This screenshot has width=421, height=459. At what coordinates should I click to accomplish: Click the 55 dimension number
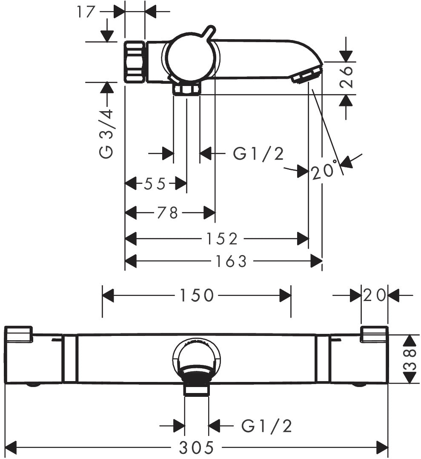(x=155, y=184)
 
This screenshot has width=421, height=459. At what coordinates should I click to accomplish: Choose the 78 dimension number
(x=167, y=212)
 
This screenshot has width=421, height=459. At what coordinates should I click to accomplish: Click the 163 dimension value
(x=230, y=261)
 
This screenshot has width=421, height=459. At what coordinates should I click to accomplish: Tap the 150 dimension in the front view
(x=196, y=295)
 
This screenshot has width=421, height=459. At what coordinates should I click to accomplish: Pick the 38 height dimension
(x=409, y=359)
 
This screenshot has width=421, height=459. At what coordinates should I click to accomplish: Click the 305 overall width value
(x=196, y=448)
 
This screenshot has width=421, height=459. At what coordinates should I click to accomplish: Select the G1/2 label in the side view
(x=258, y=153)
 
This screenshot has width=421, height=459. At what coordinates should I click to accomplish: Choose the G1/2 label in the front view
(x=267, y=425)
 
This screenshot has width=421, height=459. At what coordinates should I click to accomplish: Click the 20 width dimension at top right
(x=375, y=295)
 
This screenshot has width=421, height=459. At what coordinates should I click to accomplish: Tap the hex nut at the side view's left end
(x=135, y=62)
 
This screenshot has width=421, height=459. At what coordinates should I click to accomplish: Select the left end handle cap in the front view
(x=19, y=334)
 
